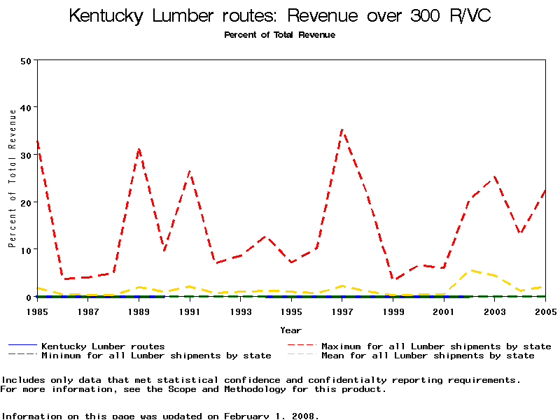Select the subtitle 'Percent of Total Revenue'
[279, 35]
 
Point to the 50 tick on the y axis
[27, 60]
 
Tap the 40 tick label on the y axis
[27, 108]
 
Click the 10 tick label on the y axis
[27, 250]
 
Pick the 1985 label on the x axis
[38, 311]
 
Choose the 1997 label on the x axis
[342, 311]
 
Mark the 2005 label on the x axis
[545, 311]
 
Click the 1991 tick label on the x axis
[190, 311]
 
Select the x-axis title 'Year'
[291, 330]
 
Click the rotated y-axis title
[12, 189]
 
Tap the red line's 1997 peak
[342, 129]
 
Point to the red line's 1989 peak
[139, 149]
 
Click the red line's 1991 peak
[190, 171]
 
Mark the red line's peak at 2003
[494, 176]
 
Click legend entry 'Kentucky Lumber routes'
[103, 346]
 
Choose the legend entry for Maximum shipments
[435, 346]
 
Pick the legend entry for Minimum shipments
[155, 356]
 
